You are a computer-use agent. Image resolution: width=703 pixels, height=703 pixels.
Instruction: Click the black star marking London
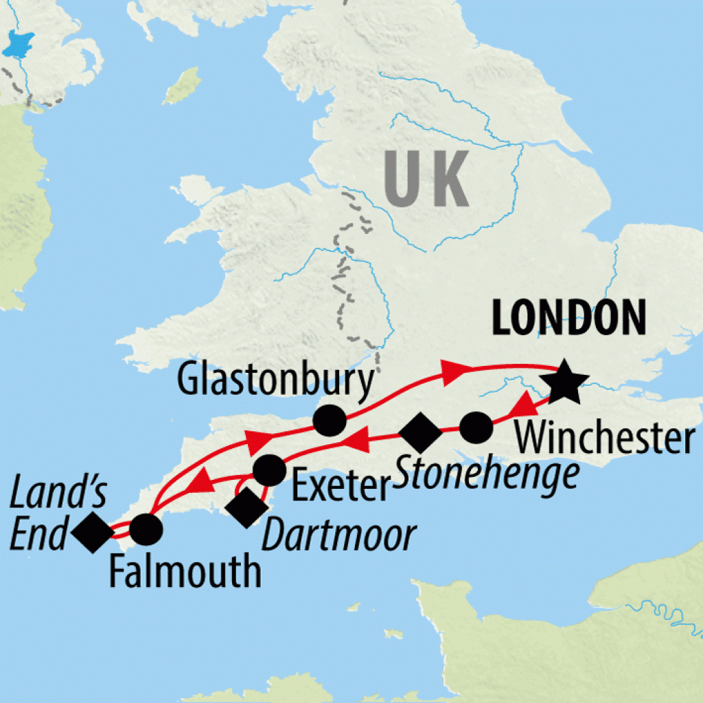coord(562,381)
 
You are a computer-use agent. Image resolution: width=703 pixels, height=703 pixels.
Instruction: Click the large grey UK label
coord(427,180)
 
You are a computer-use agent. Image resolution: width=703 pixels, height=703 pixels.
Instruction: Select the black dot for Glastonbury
coord(329,419)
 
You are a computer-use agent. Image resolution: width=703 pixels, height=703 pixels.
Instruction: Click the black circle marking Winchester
coord(476,428)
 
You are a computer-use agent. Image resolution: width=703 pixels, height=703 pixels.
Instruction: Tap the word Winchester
coord(604,439)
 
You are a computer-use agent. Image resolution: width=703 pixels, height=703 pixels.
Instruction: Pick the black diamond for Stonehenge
coord(420,433)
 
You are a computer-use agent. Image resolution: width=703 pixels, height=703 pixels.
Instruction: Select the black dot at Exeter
coord(269,470)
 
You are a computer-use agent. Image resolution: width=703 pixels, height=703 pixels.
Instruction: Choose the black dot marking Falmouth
coord(146,529)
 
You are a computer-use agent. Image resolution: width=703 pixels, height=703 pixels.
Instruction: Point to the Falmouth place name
coord(185,571)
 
